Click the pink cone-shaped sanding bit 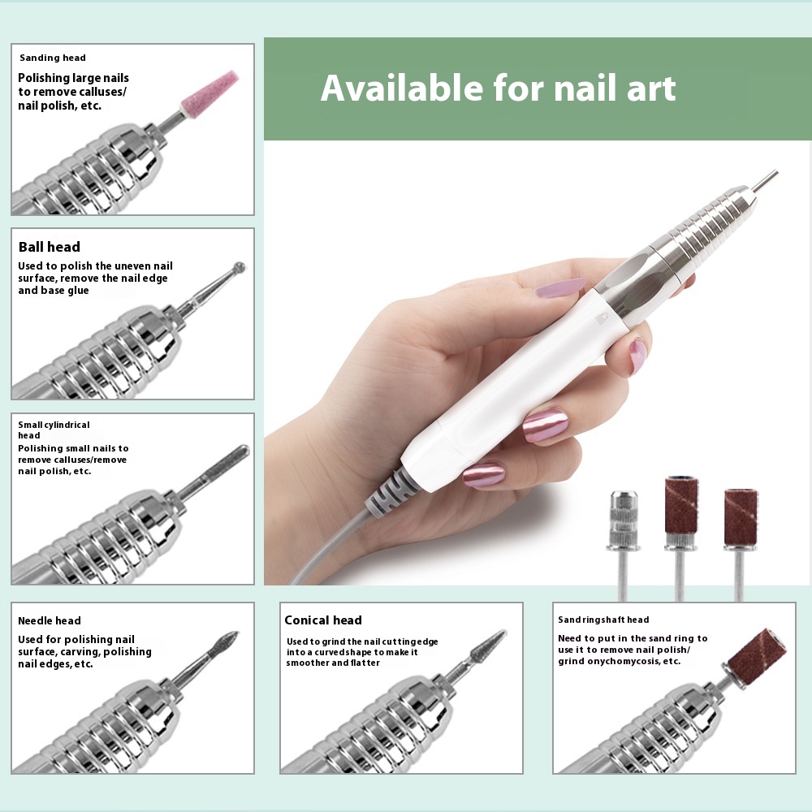(x=210, y=93)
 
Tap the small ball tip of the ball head (x=240, y=267)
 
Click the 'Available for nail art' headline (x=498, y=88)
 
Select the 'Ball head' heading (x=50, y=247)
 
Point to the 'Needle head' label (x=50, y=620)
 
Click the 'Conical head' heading (x=323, y=620)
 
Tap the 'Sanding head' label (x=52, y=58)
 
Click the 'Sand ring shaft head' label (x=603, y=620)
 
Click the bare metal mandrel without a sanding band (x=621, y=544)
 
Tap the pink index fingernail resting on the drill (x=561, y=288)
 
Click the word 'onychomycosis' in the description (x=617, y=661)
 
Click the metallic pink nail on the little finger (x=483, y=474)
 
